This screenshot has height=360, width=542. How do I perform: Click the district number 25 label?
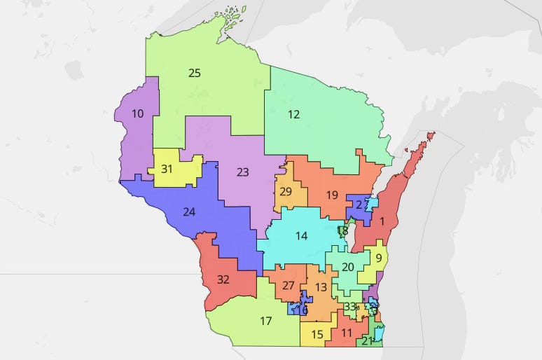[x=195, y=72]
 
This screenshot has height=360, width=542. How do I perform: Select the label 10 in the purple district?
[x=138, y=113]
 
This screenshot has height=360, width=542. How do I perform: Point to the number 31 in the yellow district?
[x=167, y=169]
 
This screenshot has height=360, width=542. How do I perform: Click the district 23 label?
[x=242, y=172]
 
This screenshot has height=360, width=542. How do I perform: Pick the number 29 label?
[x=286, y=192]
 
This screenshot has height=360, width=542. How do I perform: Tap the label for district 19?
[x=332, y=195]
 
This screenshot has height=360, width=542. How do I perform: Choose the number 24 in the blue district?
[x=189, y=212]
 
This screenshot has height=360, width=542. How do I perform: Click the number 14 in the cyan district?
[x=301, y=236]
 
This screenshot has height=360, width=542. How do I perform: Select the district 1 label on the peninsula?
[x=382, y=221]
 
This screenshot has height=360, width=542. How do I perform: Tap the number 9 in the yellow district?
[x=379, y=258]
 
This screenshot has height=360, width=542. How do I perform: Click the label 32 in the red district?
[x=223, y=279]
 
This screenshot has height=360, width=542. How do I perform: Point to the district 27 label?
[x=289, y=285]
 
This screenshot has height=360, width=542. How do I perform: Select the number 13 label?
[x=321, y=287]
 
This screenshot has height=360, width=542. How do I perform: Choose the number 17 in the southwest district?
[x=265, y=321]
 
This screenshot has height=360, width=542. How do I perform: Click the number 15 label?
[x=317, y=335]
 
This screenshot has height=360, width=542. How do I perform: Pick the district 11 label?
[x=346, y=333]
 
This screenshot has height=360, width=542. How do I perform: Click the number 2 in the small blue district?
[x=359, y=205]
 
